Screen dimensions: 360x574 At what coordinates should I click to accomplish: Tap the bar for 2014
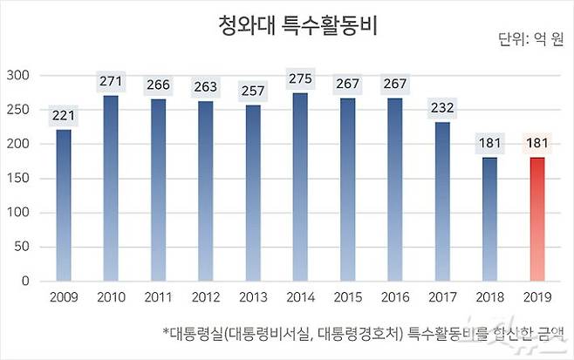(300, 187)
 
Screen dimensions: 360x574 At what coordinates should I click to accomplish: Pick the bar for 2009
(64, 206)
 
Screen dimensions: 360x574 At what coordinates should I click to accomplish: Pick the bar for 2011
(158, 190)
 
